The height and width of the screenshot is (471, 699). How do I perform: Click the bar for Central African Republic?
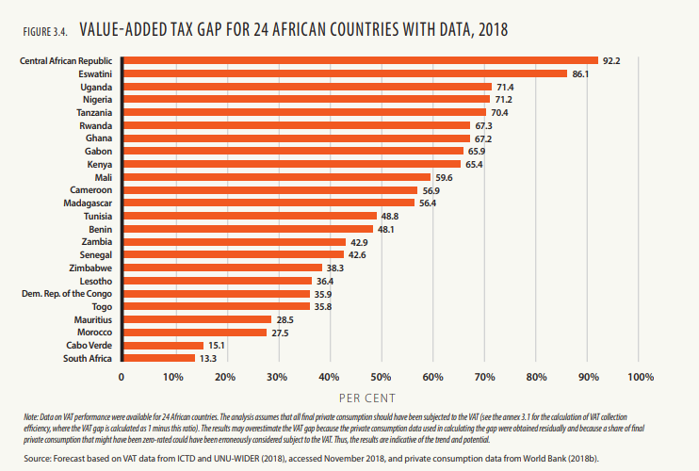pos(359,61)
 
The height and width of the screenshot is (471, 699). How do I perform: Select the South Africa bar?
pos(157,358)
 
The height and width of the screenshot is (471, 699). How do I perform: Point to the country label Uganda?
pos(98,87)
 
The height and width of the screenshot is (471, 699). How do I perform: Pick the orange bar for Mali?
pos(275,177)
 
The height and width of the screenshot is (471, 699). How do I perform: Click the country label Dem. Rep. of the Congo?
pos(65,294)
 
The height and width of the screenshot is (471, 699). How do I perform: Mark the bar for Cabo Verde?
pos(162,345)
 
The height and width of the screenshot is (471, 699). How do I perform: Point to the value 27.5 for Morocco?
pos(280,333)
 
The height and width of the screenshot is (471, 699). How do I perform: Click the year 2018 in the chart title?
pos(492,30)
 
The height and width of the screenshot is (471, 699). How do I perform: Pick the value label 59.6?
pos(444,177)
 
